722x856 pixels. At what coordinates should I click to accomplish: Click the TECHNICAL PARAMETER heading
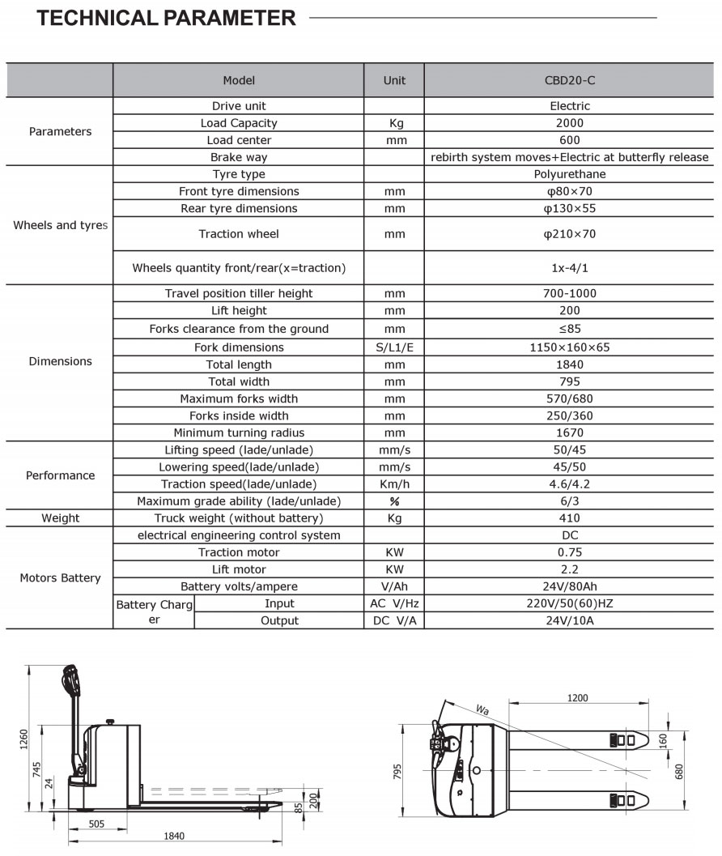coord(167,18)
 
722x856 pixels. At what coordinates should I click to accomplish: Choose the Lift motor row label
coord(239,569)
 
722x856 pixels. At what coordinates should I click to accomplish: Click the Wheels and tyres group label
coord(60,225)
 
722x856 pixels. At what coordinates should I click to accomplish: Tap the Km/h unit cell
coord(394,483)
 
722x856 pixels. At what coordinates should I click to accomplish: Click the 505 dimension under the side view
coord(96,824)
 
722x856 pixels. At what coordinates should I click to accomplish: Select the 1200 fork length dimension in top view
coord(577,697)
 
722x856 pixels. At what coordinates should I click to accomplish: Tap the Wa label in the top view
coord(483,710)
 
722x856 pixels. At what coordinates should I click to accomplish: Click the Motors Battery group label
coord(60,577)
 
